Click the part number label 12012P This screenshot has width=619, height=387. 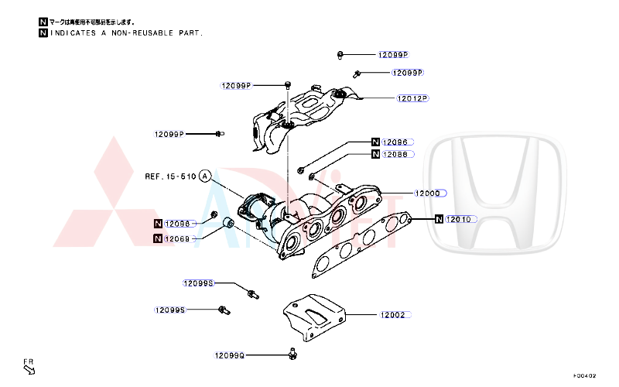click(x=412, y=98)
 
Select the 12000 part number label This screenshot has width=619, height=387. click(x=427, y=193)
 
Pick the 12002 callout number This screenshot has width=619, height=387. click(x=392, y=315)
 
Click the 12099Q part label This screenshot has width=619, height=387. click(x=230, y=355)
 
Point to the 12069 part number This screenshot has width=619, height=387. click(x=177, y=238)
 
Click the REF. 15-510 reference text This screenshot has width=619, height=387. click(x=170, y=176)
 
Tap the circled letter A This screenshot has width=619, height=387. click(x=205, y=176)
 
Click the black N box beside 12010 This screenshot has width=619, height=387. click(x=439, y=219)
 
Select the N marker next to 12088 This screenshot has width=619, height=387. click(x=375, y=154)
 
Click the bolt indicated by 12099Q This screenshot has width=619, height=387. click(x=292, y=354)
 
